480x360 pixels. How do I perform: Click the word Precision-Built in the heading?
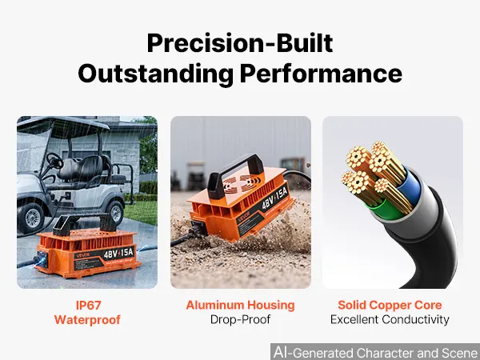pos(240,43)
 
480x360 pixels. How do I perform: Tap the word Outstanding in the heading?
pos(155,74)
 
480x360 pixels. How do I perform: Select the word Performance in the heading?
pos(321,74)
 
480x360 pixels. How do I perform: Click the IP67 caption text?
pos(89,306)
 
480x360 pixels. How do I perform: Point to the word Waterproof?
pos(87,320)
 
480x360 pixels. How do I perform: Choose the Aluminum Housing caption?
pos(240,306)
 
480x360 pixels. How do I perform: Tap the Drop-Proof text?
pos(240,319)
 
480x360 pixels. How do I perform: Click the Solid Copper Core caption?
pos(390,306)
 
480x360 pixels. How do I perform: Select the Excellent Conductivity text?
pos(390,319)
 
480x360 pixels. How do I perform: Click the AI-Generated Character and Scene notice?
pos(376,352)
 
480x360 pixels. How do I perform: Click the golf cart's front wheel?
pos(30,217)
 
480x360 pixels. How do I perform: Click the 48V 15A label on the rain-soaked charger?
pos(118,253)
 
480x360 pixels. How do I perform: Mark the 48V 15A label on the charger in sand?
pos(275,198)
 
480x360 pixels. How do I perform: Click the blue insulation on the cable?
pos(412,187)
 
